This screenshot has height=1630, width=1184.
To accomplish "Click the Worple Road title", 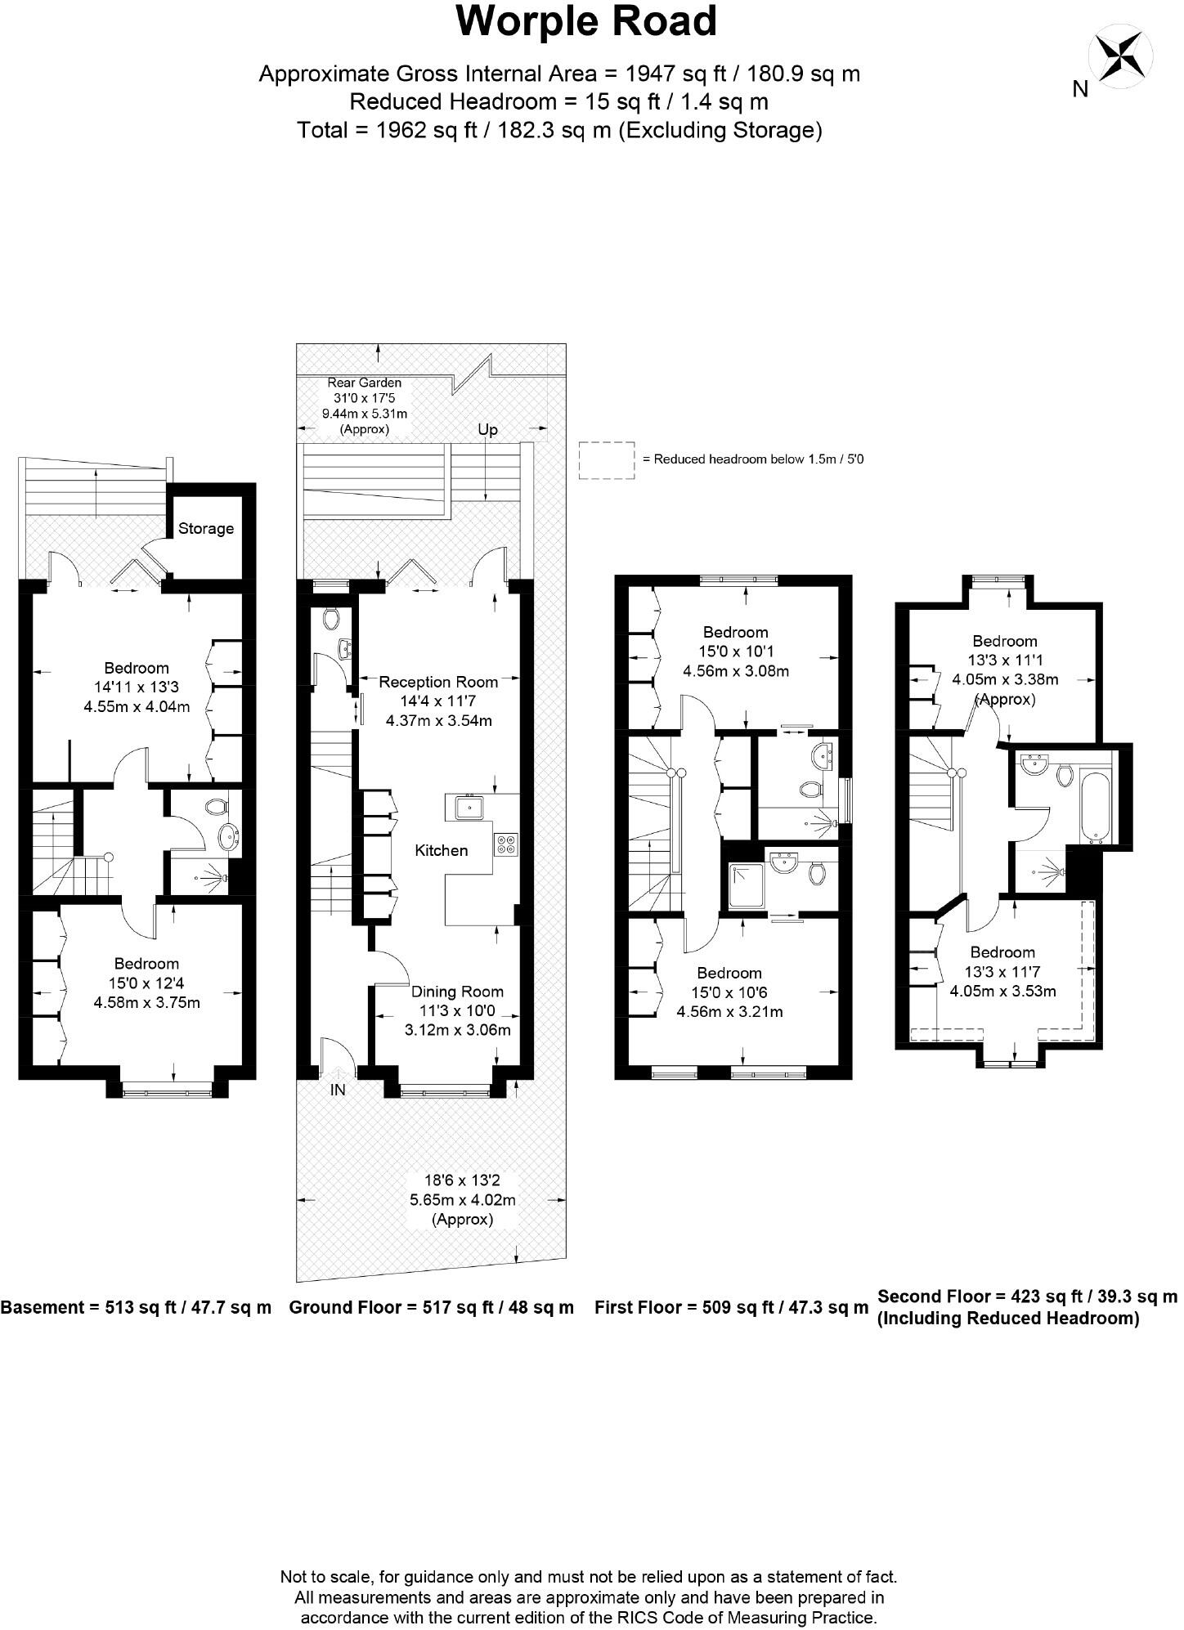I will pyautogui.click(x=586, y=22).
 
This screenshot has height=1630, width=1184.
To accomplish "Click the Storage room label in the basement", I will pyautogui.click(x=206, y=529).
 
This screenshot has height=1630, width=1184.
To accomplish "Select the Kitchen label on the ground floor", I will pyautogui.click(x=441, y=850).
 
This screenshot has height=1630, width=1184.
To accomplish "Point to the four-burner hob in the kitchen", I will pyautogui.click(x=505, y=844).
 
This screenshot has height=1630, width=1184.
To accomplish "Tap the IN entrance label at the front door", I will pyautogui.click(x=338, y=1090).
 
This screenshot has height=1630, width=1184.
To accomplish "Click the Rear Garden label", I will pyautogui.click(x=364, y=383).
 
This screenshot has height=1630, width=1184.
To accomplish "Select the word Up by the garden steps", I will pyautogui.click(x=487, y=430).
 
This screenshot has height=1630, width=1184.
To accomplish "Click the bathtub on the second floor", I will pyautogui.click(x=1096, y=805).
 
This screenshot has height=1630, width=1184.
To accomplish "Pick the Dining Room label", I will pyautogui.click(x=457, y=992).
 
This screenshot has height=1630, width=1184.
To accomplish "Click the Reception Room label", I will pyautogui.click(x=438, y=682).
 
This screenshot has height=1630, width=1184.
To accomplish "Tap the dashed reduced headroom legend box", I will pyautogui.click(x=606, y=459).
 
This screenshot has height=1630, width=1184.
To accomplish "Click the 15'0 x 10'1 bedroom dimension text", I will pyautogui.click(x=735, y=652).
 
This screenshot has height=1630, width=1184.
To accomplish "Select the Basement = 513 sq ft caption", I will pyautogui.click(x=136, y=1307).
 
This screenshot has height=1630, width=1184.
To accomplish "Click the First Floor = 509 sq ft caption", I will pyautogui.click(x=731, y=1307).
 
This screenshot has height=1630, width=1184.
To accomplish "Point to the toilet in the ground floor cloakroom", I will pyautogui.click(x=331, y=619).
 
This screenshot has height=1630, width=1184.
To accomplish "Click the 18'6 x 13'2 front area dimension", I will pyautogui.click(x=462, y=1180).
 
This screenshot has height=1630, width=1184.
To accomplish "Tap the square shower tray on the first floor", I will pyautogui.click(x=744, y=887).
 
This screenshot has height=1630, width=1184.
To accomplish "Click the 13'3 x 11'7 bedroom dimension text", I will pyautogui.click(x=1002, y=972).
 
